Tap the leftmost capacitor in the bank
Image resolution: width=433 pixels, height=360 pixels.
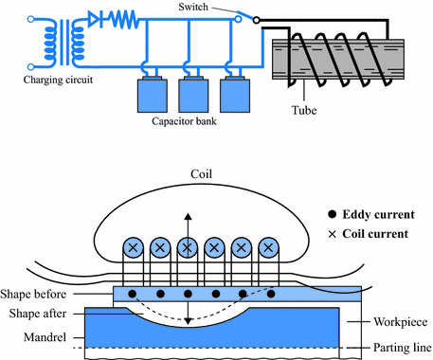(x=150, y=95)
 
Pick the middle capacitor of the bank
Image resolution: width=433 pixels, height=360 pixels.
(x=192, y=95)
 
